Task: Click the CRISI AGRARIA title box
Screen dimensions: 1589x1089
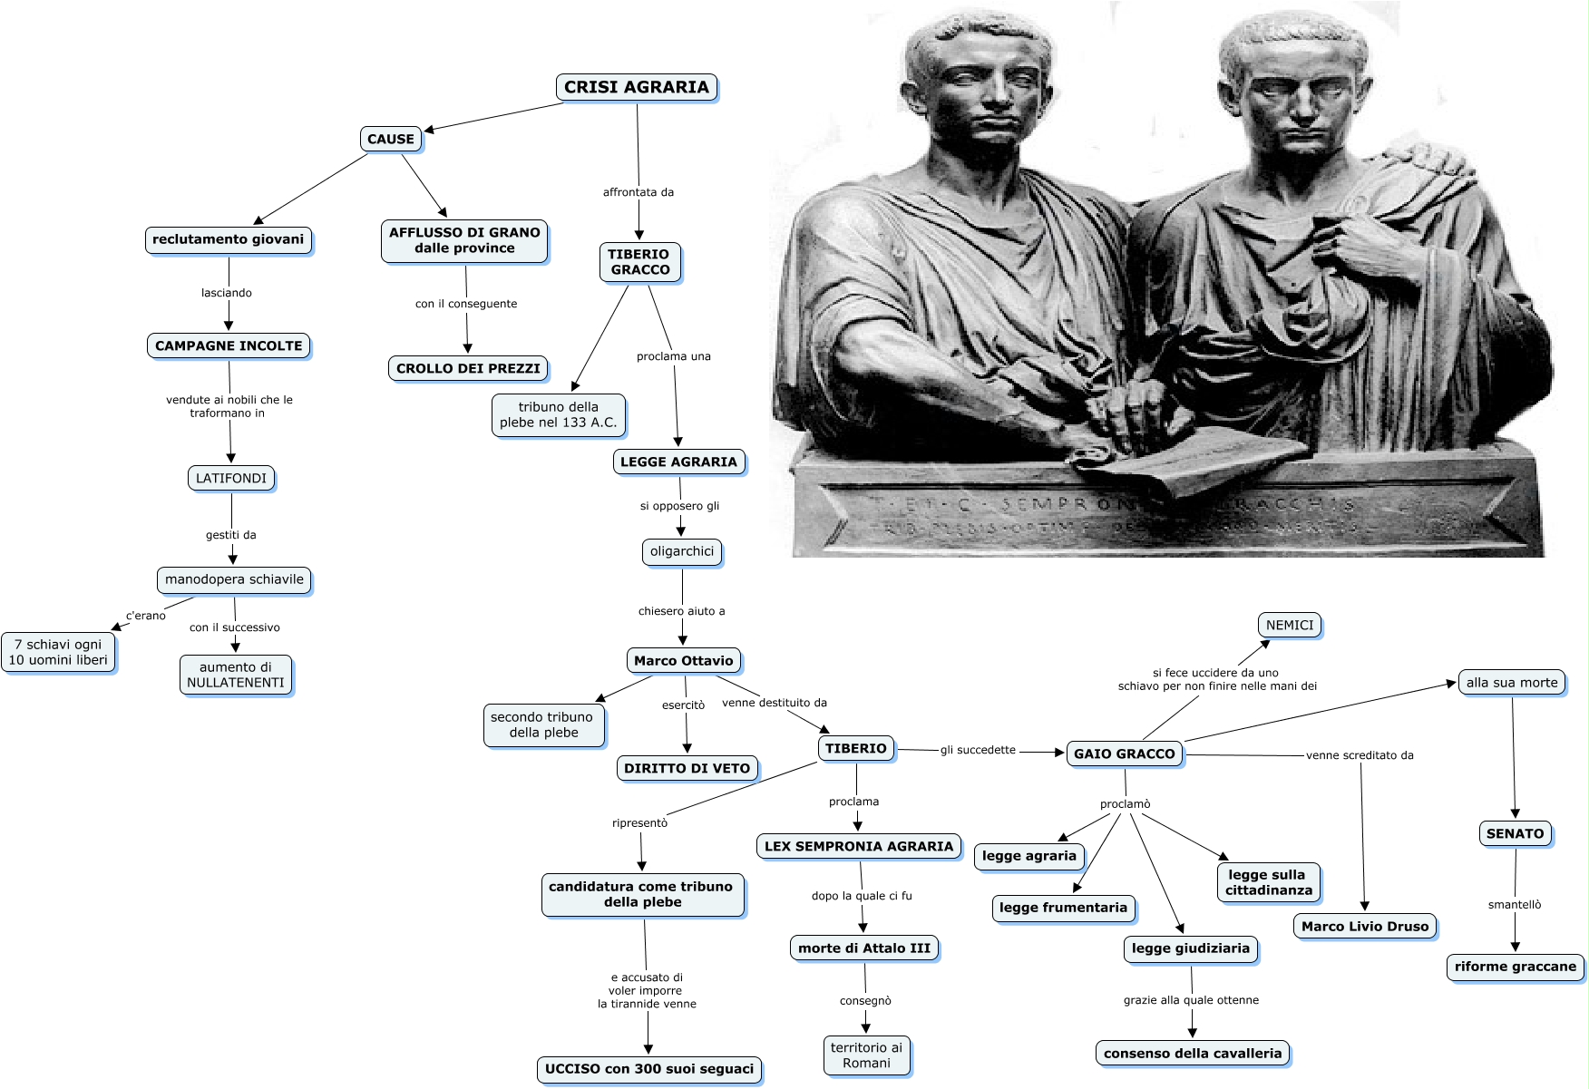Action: pos(637,87)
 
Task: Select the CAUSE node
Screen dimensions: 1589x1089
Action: pos(391,139)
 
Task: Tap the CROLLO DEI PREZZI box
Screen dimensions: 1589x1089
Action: pos(468,368)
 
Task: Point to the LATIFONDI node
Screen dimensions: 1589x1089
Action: pos(231,478)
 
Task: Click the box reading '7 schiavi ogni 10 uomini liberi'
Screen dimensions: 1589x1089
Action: pos(58,652)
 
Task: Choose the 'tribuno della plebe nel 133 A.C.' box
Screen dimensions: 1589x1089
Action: pos(558,414)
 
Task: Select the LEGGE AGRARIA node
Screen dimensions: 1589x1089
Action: pos(678,462)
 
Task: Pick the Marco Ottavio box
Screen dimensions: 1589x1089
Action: pos(683,660)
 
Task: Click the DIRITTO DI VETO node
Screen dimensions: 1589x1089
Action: pos(687,768)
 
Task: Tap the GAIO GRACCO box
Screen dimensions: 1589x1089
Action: pos(1124,754)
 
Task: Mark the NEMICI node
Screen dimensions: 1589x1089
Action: pos(1289,625)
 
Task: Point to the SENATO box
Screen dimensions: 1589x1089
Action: pos(1515,833)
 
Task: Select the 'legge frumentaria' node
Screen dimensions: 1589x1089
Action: pos(1063,908)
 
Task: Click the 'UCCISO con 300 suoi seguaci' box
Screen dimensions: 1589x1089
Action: pos(649,1069)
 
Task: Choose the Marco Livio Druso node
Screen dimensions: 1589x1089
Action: pos(1364,926)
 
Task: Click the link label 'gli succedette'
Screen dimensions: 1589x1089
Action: pos(978,750)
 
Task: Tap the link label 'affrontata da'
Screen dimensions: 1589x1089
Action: pos(639,192)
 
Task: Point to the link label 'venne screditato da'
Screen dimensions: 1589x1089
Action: pos(1360,755)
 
